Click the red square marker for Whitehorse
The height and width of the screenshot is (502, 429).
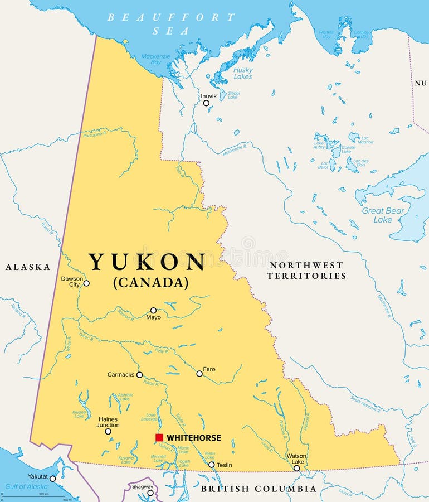[159, 438]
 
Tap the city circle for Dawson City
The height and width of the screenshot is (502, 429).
[86, 283]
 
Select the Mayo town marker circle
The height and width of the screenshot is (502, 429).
[153, 310]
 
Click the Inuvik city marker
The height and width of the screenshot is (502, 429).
[206, 103]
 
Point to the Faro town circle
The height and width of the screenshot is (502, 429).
[199, 374]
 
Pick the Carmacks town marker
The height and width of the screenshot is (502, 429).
[139, 375]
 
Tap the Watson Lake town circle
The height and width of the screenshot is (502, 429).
[296, 468]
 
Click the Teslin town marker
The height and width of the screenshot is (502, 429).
[211, 465]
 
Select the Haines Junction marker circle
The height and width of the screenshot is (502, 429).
[108, 431]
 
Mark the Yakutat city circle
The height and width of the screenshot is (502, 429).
[53, 479]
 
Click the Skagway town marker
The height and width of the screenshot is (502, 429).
[150, 493]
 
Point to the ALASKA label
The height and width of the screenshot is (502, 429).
[28, 267]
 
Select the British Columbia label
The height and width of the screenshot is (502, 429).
[259, 489]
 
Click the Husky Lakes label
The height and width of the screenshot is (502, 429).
[243, 73]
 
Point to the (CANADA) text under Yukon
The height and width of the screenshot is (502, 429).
[150, 283]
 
